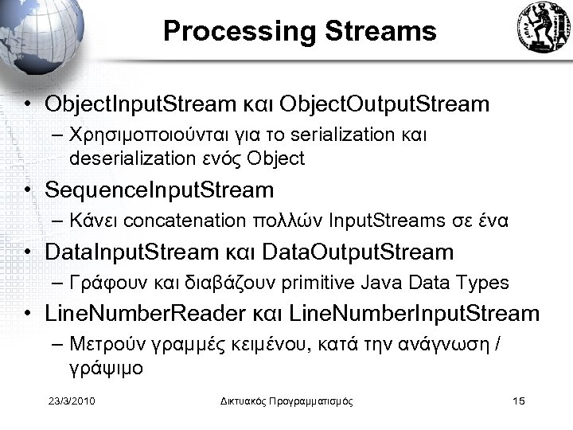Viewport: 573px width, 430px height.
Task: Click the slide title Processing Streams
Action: click(300, 31)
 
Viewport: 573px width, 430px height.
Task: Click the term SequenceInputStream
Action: click(159, 190)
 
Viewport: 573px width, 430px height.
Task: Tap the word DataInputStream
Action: click(131, 252)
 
